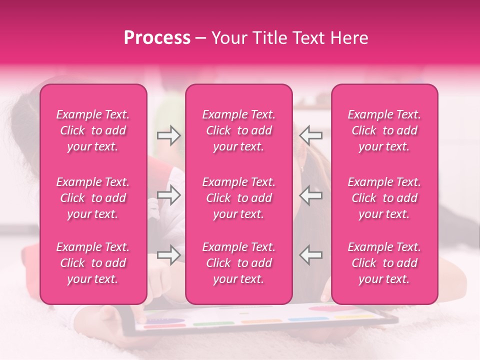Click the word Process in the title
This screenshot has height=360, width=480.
click(157, 38)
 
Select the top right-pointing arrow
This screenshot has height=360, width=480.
click(169, 135)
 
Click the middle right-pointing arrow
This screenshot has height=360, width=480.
click(169, 195)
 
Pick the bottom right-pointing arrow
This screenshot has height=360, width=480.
click(169, 255)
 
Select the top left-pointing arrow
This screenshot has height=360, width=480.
click(311, 135)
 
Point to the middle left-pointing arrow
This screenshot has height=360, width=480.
click(311, 195)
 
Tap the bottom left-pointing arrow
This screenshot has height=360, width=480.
click(311, 255)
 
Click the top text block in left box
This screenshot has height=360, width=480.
click(93, 130)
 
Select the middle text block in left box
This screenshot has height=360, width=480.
click(93, 198)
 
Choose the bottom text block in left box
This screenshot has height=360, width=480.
click(93, 263)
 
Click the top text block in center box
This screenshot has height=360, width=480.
click(238, 130)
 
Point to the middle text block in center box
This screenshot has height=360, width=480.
click(238, 198)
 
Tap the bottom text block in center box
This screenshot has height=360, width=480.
click(238, 263)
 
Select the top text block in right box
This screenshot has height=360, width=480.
click(384, 130)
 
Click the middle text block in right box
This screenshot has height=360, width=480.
click(384, 198)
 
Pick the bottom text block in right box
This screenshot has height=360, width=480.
click(384, 263)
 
